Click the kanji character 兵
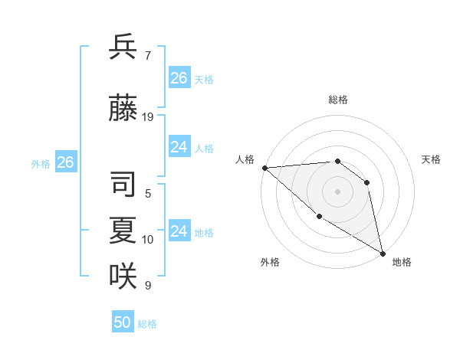(x=123, y=47)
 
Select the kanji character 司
(x=123, y=185)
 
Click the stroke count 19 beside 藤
(x=148, y=117)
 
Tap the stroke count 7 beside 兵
(x=148, y=56)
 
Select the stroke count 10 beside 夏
(x=148, y=240)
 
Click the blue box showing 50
(x=123, y=322)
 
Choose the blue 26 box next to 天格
(x=179, y=77)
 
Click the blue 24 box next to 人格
(x=179, y=147)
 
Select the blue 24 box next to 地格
(x=179, y=231)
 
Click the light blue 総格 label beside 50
(x=148, y=324)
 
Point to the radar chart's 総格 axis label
(x=338, y=100)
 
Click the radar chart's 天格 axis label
(x=432, y=159)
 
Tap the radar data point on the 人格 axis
(x=264, y=168)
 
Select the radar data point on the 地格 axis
(x=383, y=253)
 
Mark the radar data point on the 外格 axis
(x=319, y=217)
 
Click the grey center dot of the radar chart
(x=338, y=191)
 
